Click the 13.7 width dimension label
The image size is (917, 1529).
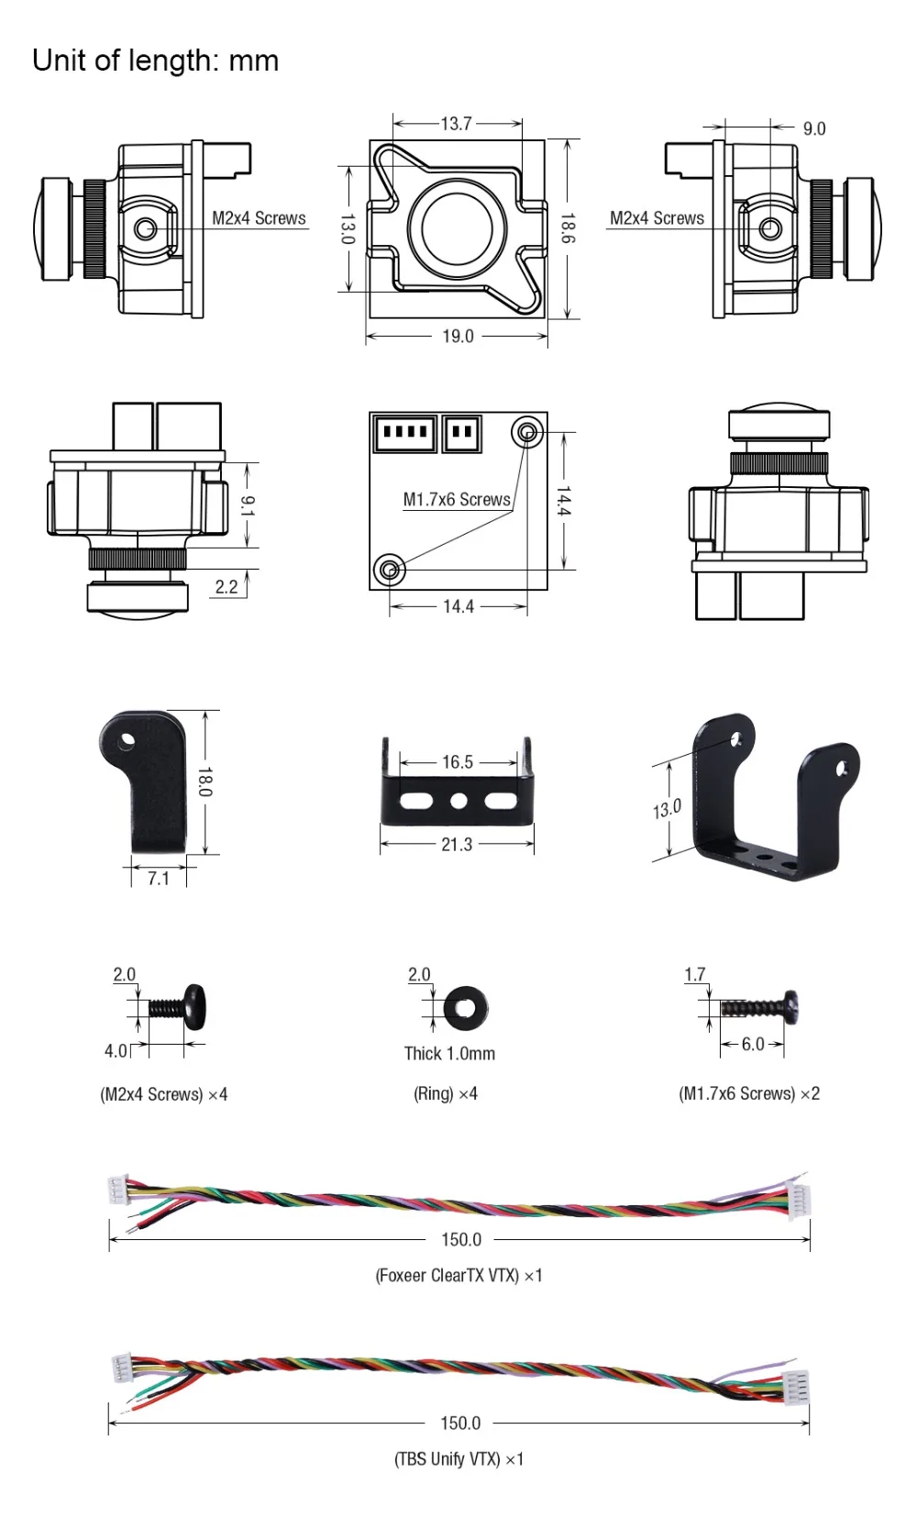456,124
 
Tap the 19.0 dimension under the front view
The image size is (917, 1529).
458,337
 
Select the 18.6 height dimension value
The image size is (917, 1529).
568,228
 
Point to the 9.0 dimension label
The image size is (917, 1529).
814,128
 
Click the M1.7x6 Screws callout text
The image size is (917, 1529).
457,500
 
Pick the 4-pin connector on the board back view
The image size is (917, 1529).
404,433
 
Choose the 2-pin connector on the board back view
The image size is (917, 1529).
462,433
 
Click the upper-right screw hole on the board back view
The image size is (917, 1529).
526,432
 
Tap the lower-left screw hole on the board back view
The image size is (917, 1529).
390,570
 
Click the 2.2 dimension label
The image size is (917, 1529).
226,587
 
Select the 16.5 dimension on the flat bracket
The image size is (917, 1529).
458,762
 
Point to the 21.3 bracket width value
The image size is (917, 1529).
457,845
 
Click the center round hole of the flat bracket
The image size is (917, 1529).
458,801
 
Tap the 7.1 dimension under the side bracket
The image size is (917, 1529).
159,879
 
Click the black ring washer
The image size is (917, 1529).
466,1008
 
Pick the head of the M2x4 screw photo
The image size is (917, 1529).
195,1007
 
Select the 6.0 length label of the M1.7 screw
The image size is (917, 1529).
753,1045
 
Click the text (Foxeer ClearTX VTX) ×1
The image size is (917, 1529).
458,1276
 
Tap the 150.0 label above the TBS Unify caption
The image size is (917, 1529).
460,1424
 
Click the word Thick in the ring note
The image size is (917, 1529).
423,1053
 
